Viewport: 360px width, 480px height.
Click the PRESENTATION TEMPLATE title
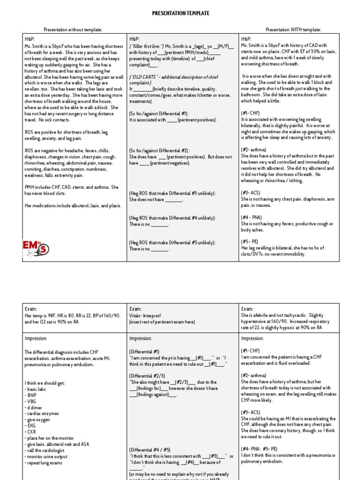(x=180, y=13)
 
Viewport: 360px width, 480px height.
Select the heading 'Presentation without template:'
(x=73, y=30)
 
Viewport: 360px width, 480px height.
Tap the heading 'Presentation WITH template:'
(x=293, y=30)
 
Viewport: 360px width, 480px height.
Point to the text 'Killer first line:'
(x=147, y=45)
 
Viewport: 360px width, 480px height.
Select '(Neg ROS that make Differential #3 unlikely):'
(x=172, y=193)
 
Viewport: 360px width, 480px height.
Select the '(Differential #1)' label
(x=144, y=351)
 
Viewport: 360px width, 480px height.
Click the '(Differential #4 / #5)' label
(x=150, y=449)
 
